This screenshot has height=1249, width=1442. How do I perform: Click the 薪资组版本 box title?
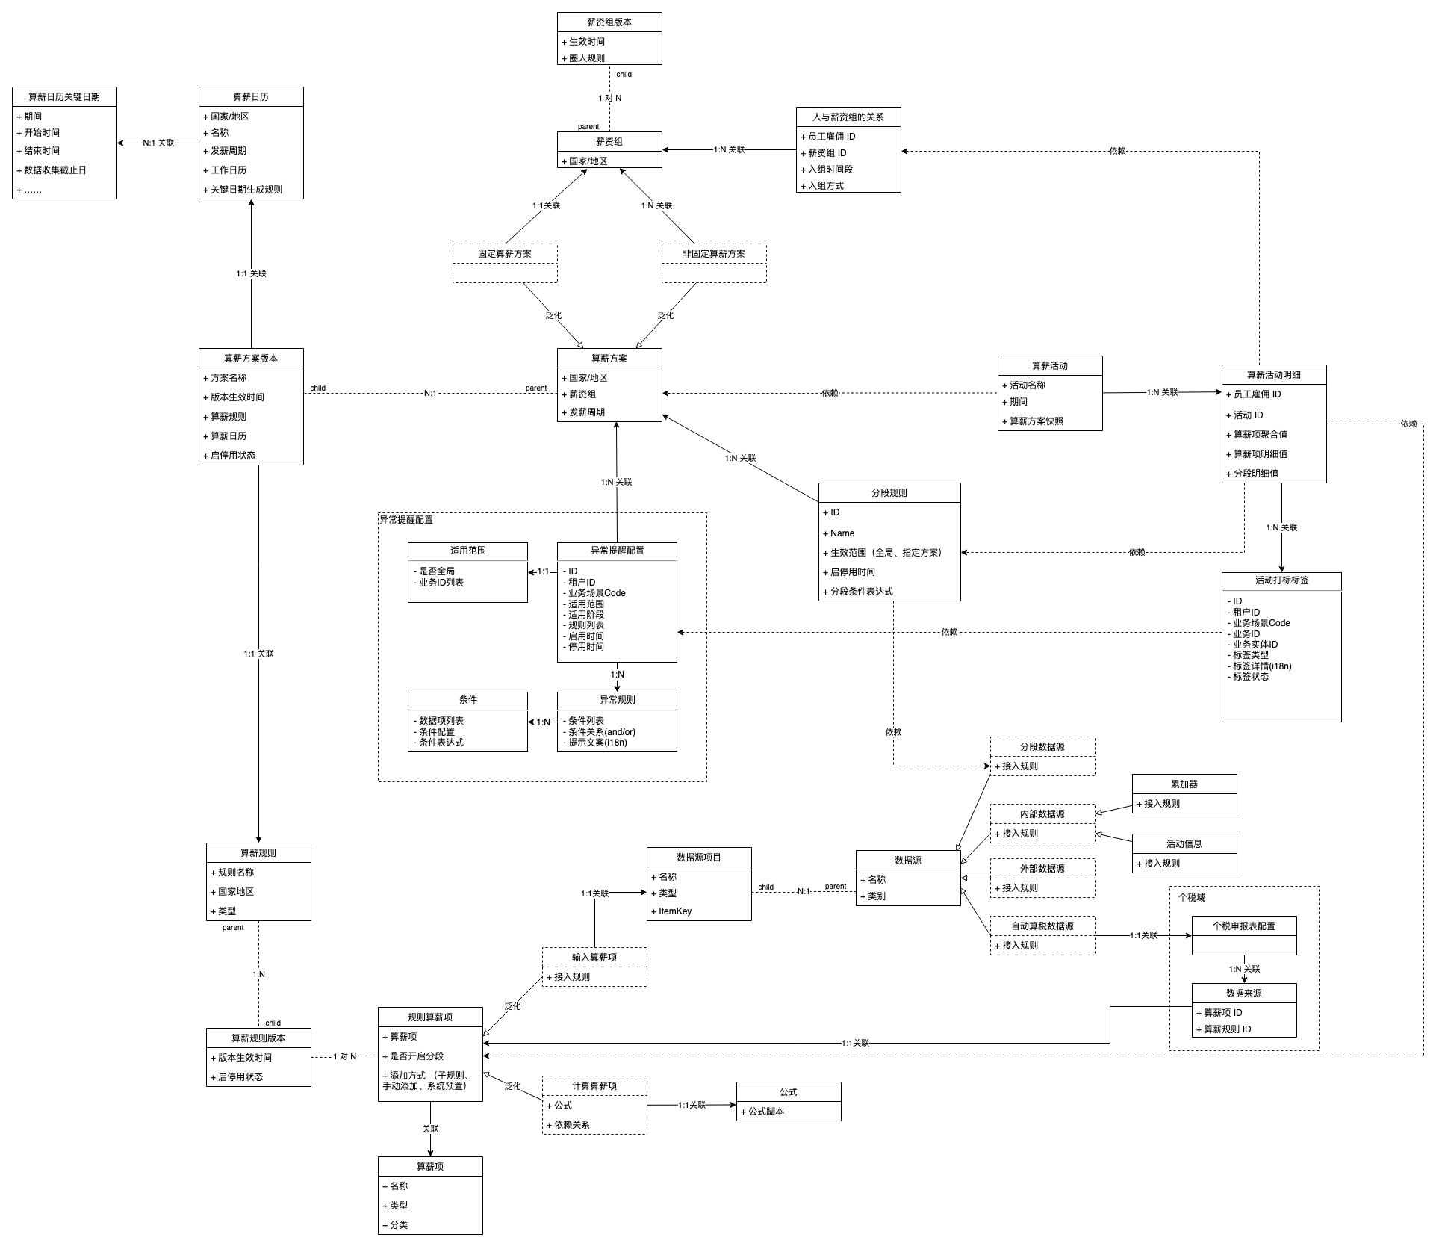coord(609,22)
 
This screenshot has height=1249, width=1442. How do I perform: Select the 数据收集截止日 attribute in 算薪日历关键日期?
coord(55,170)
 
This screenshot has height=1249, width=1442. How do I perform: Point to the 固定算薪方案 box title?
coord(505,254)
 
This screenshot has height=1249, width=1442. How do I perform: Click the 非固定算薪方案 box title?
coord(714,254)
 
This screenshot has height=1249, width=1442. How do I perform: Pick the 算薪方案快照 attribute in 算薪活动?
coord(1037,421)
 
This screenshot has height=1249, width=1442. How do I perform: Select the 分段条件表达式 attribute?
coord(862,592)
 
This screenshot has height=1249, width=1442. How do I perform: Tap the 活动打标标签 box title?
coord(1281,580)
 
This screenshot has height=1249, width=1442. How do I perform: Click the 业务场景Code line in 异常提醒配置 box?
coord(597,593)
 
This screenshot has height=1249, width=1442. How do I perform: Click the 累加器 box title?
coord(1184,784)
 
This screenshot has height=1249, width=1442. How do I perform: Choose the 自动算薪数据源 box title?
coord(1042,926)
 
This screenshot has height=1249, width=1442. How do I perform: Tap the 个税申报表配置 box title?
coord(1244,926)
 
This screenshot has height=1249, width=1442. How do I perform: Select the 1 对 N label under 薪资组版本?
coord(609,98)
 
